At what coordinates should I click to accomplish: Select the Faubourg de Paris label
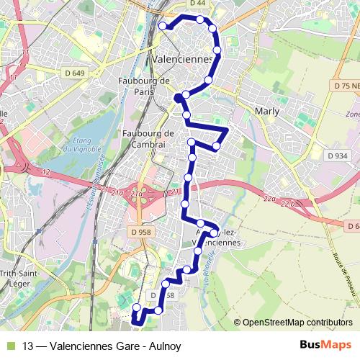point(143,86)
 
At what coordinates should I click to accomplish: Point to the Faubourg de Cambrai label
point(149,138)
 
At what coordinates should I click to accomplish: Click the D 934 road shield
point(336,156)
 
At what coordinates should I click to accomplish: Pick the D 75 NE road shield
point(346,86)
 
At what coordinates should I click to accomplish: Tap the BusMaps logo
point(326,346)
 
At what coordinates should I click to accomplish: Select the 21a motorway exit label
point(119,192)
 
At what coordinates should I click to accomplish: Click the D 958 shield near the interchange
point(144,232)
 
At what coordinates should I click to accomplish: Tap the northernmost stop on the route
point(199,19)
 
